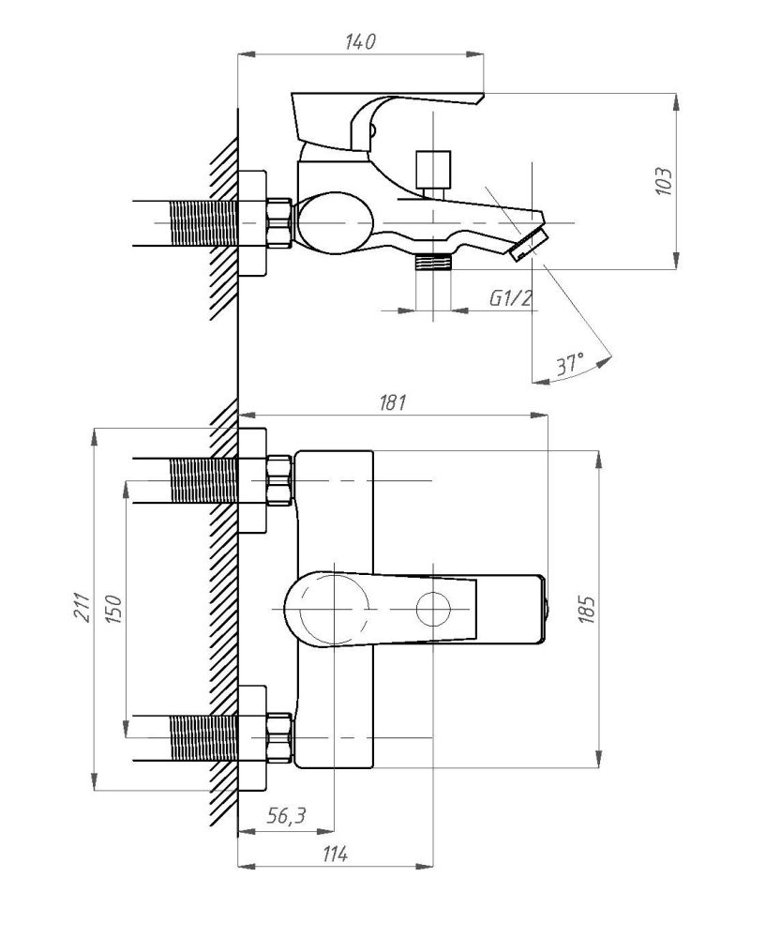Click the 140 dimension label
[360, 42]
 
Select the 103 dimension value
[663, 180]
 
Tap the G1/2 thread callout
[511, 298]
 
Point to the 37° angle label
[566, 364]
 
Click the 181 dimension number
[391, 403]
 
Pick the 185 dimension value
[588, 609]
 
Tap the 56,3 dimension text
[286, 816]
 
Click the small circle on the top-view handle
[434, 610]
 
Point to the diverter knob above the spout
[434, 169]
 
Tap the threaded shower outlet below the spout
[433, 262]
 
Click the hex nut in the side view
[279, 223]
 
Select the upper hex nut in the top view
[279, 479]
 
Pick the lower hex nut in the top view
[279, 738]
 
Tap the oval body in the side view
[336, 223]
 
